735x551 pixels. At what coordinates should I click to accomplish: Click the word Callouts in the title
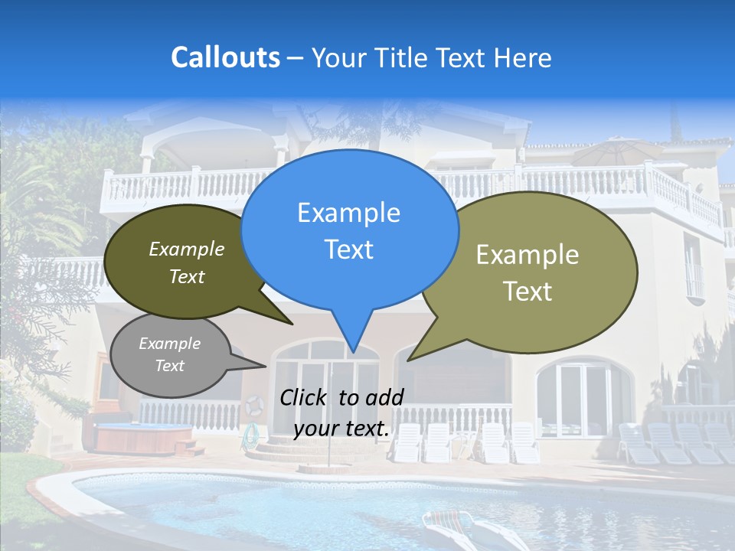coord(225,57)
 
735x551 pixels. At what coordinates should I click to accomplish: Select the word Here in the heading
coord(524,57)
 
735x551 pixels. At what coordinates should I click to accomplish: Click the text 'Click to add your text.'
coord(341,412)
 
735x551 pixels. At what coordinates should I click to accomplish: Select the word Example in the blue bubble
coord(348,213)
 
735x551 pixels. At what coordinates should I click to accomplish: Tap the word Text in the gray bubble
coord(170,366)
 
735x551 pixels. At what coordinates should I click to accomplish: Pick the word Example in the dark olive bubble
coord(187,249)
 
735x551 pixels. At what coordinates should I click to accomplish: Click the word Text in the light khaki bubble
coord(528,292)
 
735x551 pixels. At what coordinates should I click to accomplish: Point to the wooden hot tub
coord(143,437)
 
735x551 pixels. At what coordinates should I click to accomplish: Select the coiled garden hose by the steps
coord(250,437)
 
